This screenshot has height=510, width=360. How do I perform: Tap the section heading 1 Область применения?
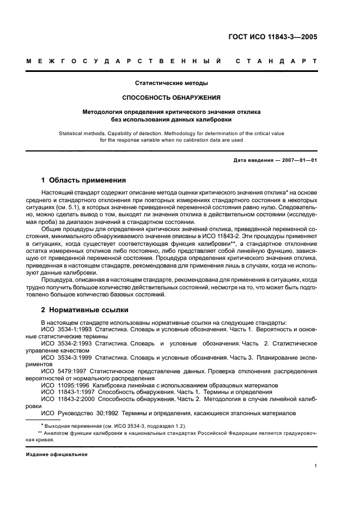[x=84, y=180]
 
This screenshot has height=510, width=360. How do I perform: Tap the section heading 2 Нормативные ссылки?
[x=85, y=310]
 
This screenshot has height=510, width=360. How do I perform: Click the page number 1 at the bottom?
[x=316, y=465]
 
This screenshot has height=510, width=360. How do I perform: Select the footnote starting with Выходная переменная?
[x=109, y=425]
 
